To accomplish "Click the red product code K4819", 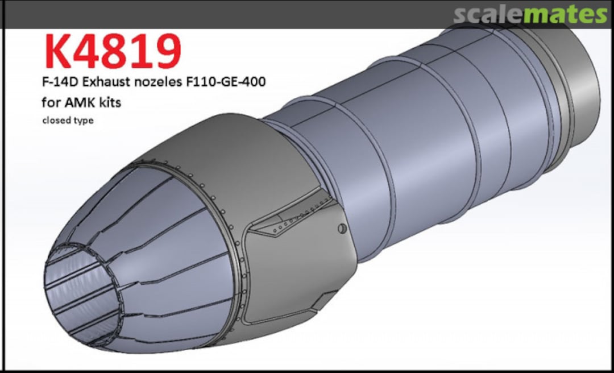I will click(112, 51).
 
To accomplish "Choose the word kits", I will click(109, 103).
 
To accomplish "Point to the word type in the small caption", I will click(82, 121).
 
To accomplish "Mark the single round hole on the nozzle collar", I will click(341, 228).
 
